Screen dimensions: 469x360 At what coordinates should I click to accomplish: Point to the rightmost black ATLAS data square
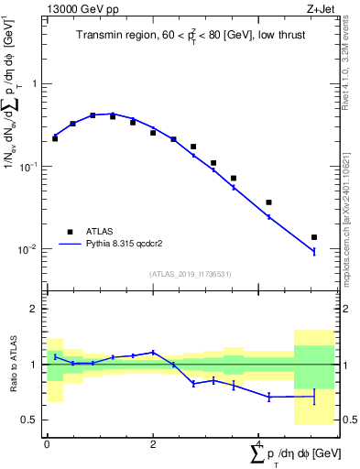tap(314, 237)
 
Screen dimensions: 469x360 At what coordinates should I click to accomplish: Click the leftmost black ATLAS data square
tap(55, 138)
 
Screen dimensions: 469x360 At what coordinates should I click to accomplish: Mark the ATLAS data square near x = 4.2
tap(268, 202)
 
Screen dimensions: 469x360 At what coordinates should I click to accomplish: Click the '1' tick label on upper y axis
tap(34, 83)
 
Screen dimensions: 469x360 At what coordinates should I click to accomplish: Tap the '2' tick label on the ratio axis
tap(34, 309)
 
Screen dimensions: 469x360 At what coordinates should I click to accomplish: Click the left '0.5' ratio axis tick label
tap(30, 420)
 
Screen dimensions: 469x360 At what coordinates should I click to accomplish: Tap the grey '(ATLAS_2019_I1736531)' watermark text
tap(191, 273)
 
